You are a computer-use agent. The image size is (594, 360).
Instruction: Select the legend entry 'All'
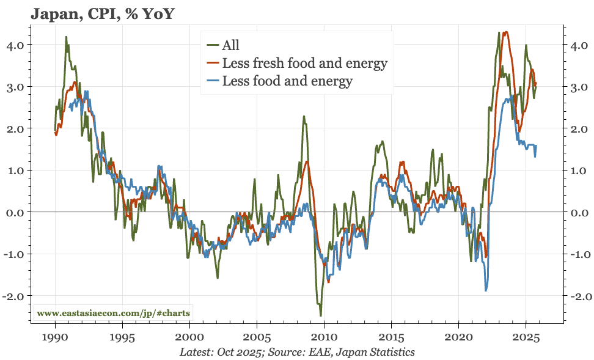click(x=230, y=45)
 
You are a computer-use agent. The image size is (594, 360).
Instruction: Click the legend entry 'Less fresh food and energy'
click(x=304, y=63)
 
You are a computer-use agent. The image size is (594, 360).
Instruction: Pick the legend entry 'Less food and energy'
click(x=287, y=81)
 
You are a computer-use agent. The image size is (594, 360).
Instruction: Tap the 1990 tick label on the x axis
click(x=55, y=337)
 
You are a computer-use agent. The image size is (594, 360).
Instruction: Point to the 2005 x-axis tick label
click(x=257, y=337)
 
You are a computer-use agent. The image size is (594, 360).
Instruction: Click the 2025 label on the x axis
click(x=526, y=337)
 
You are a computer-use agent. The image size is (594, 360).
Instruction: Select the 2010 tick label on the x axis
click(x=324, y=337)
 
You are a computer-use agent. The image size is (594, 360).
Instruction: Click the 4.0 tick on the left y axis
click(x=15, y=45)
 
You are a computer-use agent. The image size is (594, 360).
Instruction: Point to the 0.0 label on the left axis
click(x=15, y=212)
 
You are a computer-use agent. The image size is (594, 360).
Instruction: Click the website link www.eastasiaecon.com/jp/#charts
click(x=113, y=312)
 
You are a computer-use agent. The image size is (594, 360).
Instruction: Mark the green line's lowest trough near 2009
click(x=320, y=315)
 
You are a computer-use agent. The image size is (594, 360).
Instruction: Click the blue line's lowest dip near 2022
click(x=486, y=290)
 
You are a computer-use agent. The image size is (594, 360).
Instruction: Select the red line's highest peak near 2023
click(x=505, y=32)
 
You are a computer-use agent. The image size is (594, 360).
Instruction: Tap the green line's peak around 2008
click(x=303, y=116)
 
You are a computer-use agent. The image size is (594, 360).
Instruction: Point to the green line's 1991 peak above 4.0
click(x=66, y=37)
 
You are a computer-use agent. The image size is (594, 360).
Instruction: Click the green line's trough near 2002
click(x=218, y=278)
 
